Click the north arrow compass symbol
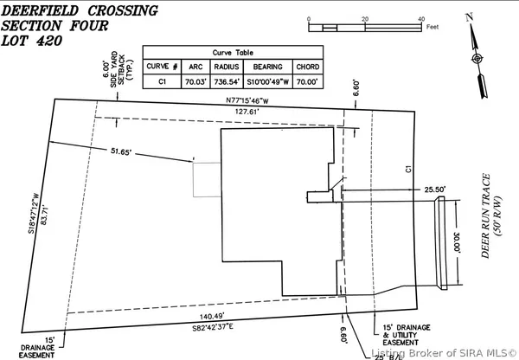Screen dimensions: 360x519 (x=476, y=58)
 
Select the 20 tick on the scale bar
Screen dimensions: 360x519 (x=365, y=18)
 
